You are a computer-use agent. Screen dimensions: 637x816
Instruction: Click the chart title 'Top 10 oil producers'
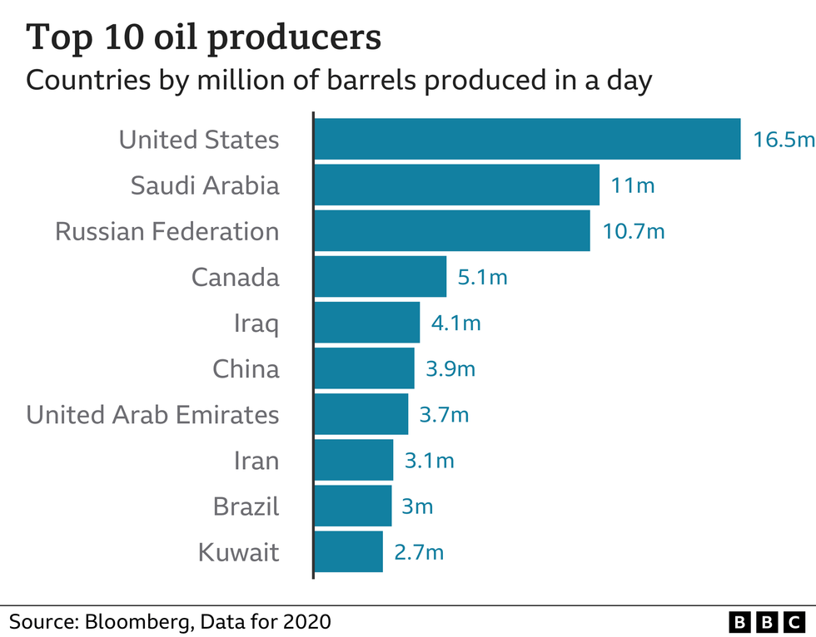coord(204,37)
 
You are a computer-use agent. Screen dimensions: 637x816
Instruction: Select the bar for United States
coord(527,139)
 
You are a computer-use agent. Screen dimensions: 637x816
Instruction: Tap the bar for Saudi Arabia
coord(456,185)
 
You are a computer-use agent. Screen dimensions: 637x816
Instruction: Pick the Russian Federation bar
coord(452,230)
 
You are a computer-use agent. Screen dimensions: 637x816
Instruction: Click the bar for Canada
coord(381,276)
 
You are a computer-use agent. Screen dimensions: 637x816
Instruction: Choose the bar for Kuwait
coord(348,551)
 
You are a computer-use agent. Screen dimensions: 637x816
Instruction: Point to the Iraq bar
coord(367,322)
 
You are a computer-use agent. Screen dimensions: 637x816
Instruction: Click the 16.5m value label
coord(783,139)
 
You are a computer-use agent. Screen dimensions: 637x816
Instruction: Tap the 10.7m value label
coord(634,230)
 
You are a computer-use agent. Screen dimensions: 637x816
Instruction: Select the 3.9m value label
coord(450,368)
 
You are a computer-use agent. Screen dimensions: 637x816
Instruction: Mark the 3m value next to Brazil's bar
coord(418,506)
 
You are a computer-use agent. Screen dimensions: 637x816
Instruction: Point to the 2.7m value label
coord(418,551)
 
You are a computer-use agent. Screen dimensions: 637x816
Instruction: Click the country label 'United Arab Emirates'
coord(152,414)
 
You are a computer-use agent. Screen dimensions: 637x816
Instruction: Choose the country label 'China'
coord(246,368)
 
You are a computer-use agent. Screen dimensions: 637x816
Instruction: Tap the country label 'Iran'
coord(256,460)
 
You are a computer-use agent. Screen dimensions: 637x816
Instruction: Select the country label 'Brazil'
coord(246,506)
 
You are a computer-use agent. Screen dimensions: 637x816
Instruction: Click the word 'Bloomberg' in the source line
coord(137,620)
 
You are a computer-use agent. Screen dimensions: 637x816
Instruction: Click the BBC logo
coord(766,620)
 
